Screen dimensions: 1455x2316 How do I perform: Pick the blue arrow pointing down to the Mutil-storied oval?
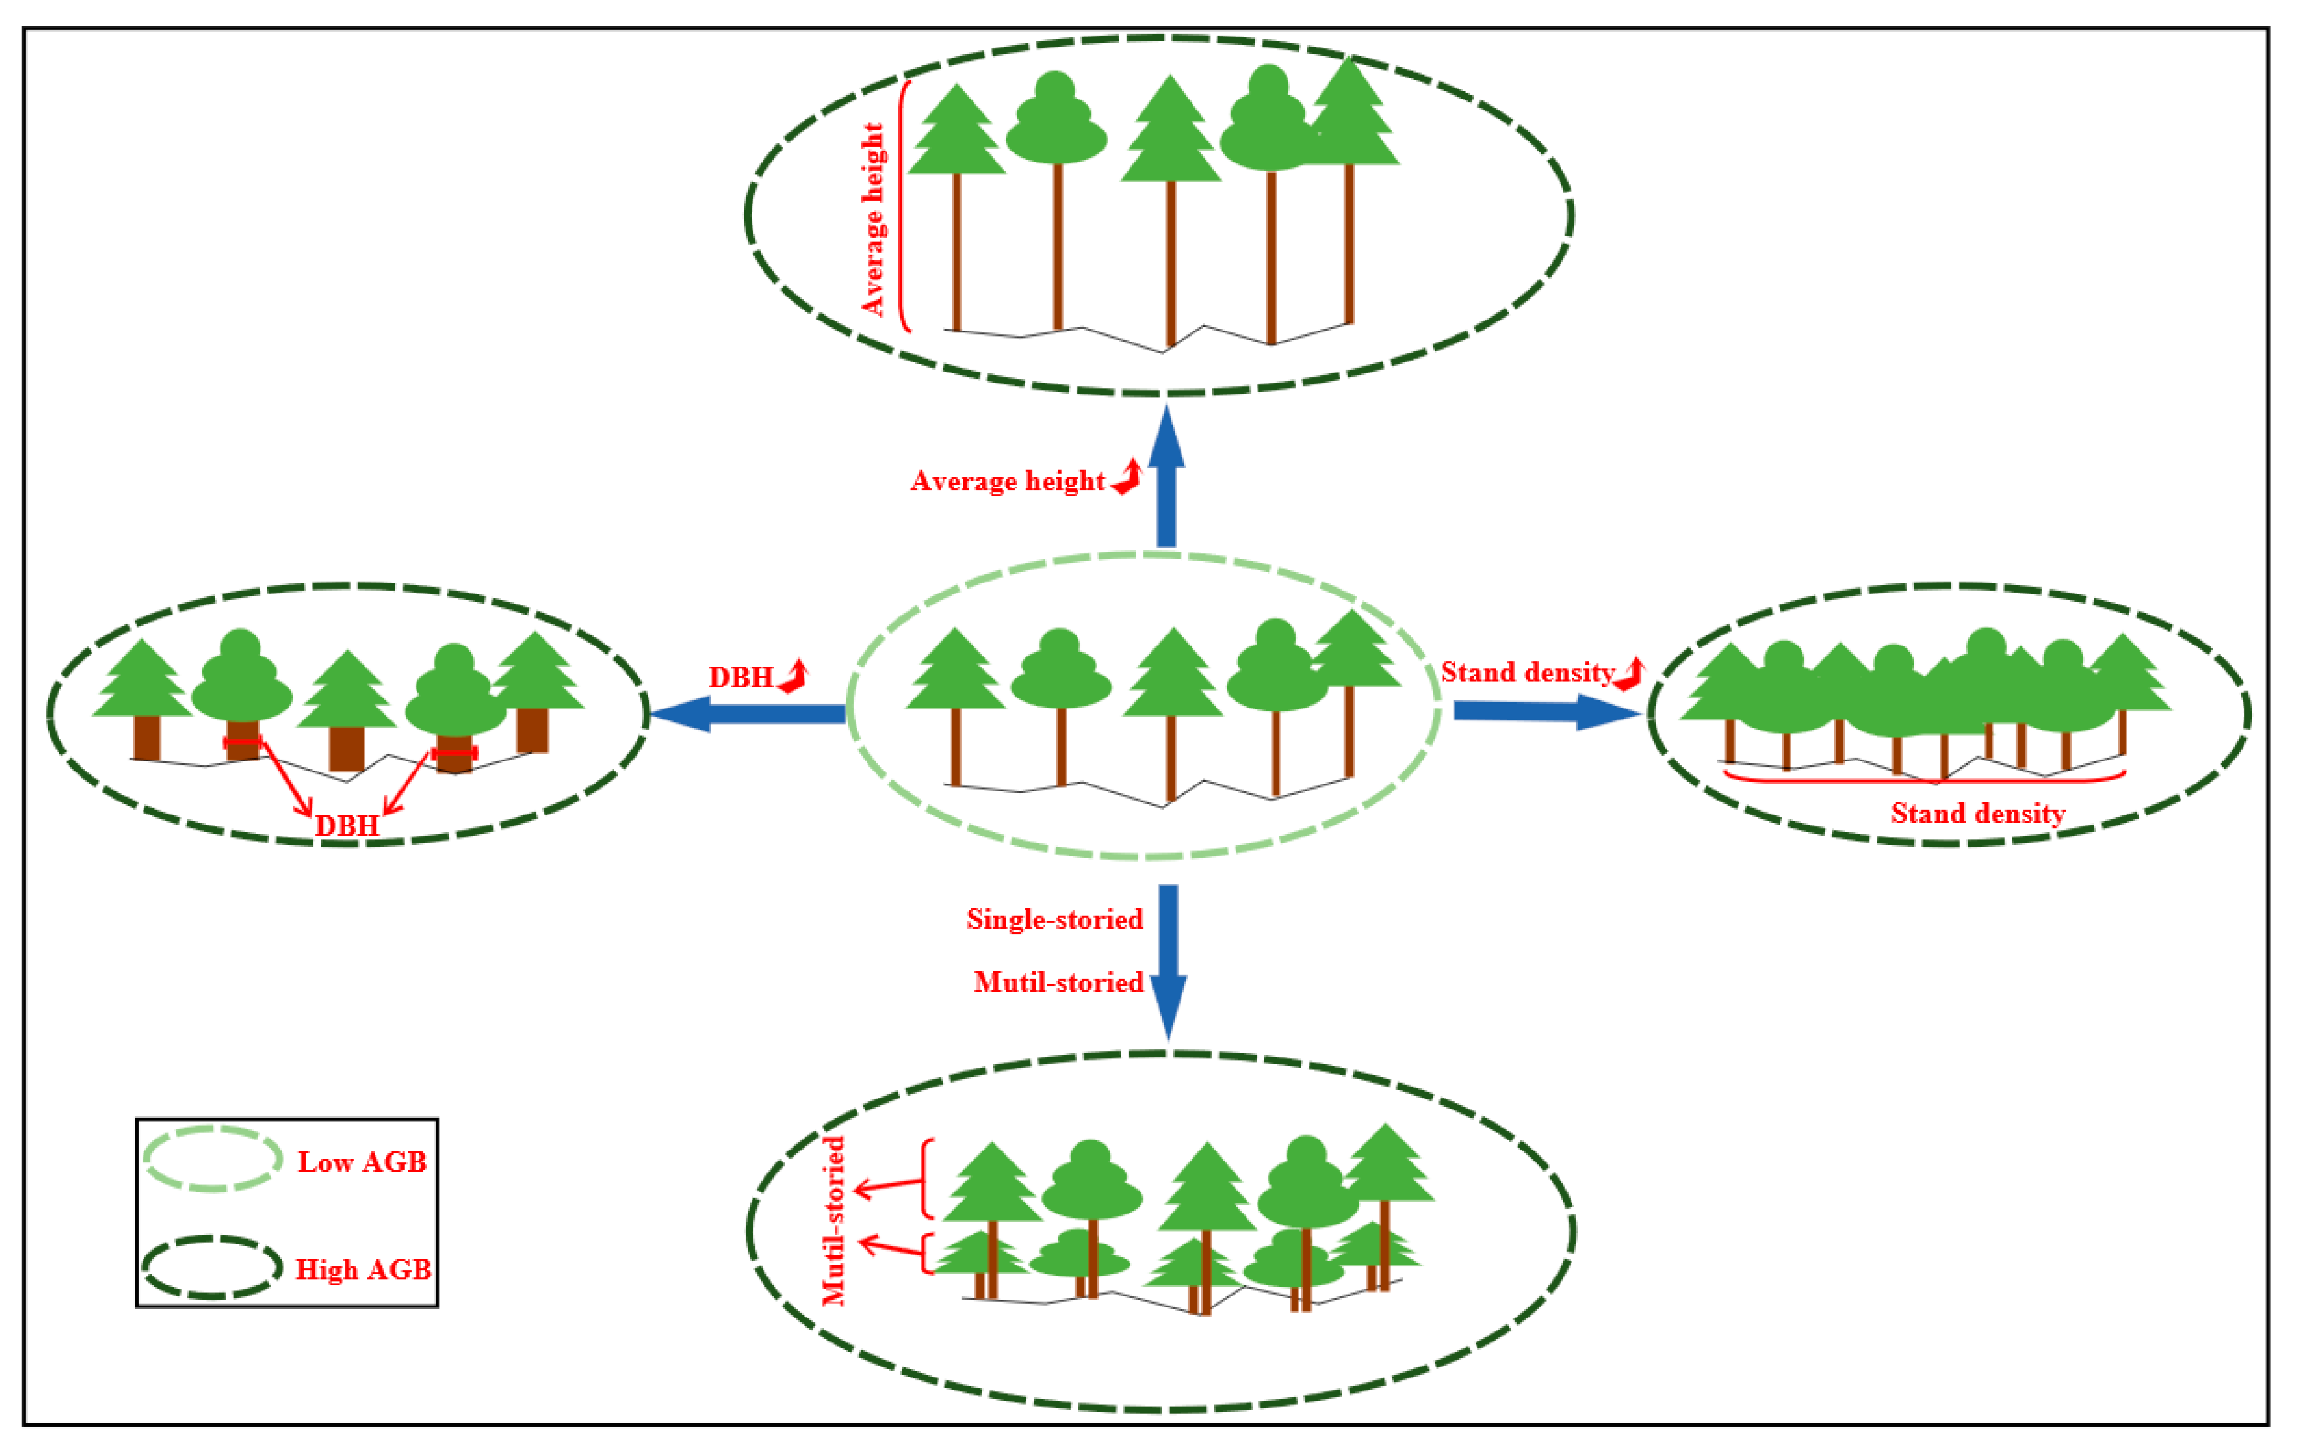tap(1168, 962)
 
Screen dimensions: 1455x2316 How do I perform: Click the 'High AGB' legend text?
tap(362, 1270)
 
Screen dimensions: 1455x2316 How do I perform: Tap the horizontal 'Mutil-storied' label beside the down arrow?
tap(1058, 983)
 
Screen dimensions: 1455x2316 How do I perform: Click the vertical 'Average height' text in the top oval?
tap(872, 219)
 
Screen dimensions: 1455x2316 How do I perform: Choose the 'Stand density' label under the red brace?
tap(1978, 814)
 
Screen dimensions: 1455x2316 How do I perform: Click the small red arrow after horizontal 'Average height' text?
tap(1127, 477)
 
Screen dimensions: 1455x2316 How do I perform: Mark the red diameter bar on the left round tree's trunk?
tap(242, 742)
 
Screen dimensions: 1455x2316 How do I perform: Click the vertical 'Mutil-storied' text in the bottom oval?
tap(834, 1221)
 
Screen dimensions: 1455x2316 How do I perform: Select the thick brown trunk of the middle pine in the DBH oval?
tap(346, 748)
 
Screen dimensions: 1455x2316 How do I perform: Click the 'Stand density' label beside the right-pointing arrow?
tap(1526, 672)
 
